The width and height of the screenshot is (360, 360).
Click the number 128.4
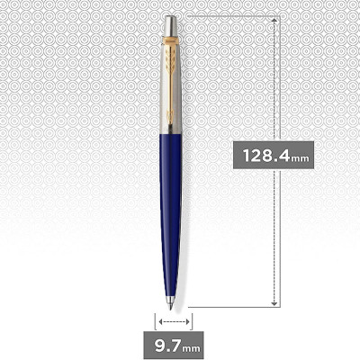tap(265, 155)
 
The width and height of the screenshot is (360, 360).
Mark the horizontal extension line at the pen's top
tap(234, 14)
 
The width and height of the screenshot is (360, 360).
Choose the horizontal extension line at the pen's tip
tap(234, 308)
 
